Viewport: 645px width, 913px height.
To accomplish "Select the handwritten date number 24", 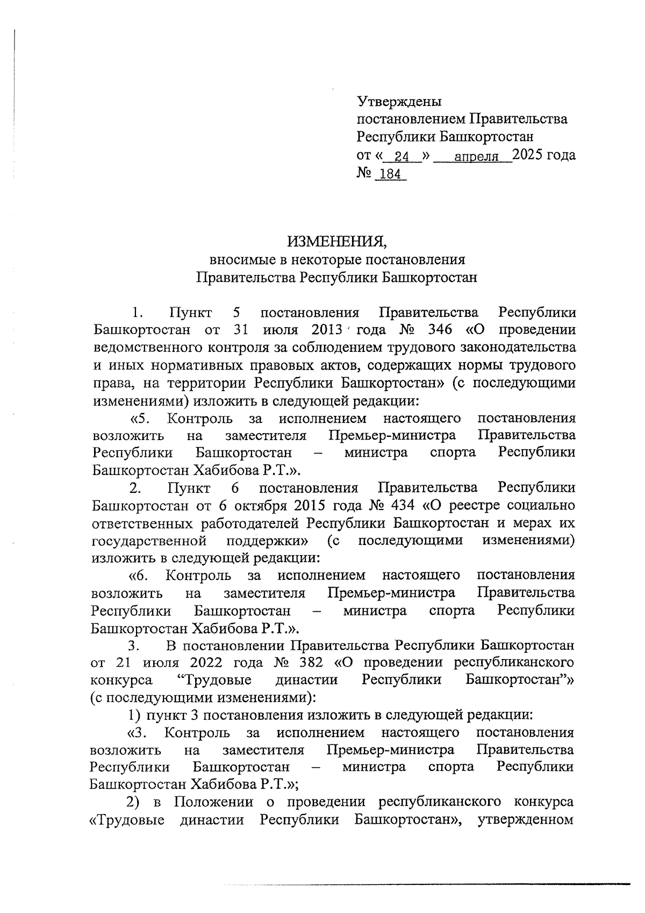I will tap(402, 157).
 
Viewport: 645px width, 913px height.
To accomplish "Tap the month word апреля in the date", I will tap(474, 157).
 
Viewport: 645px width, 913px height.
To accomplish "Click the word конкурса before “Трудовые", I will tap(121, 680).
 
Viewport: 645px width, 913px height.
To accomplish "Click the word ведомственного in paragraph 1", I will tap(147, 348).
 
